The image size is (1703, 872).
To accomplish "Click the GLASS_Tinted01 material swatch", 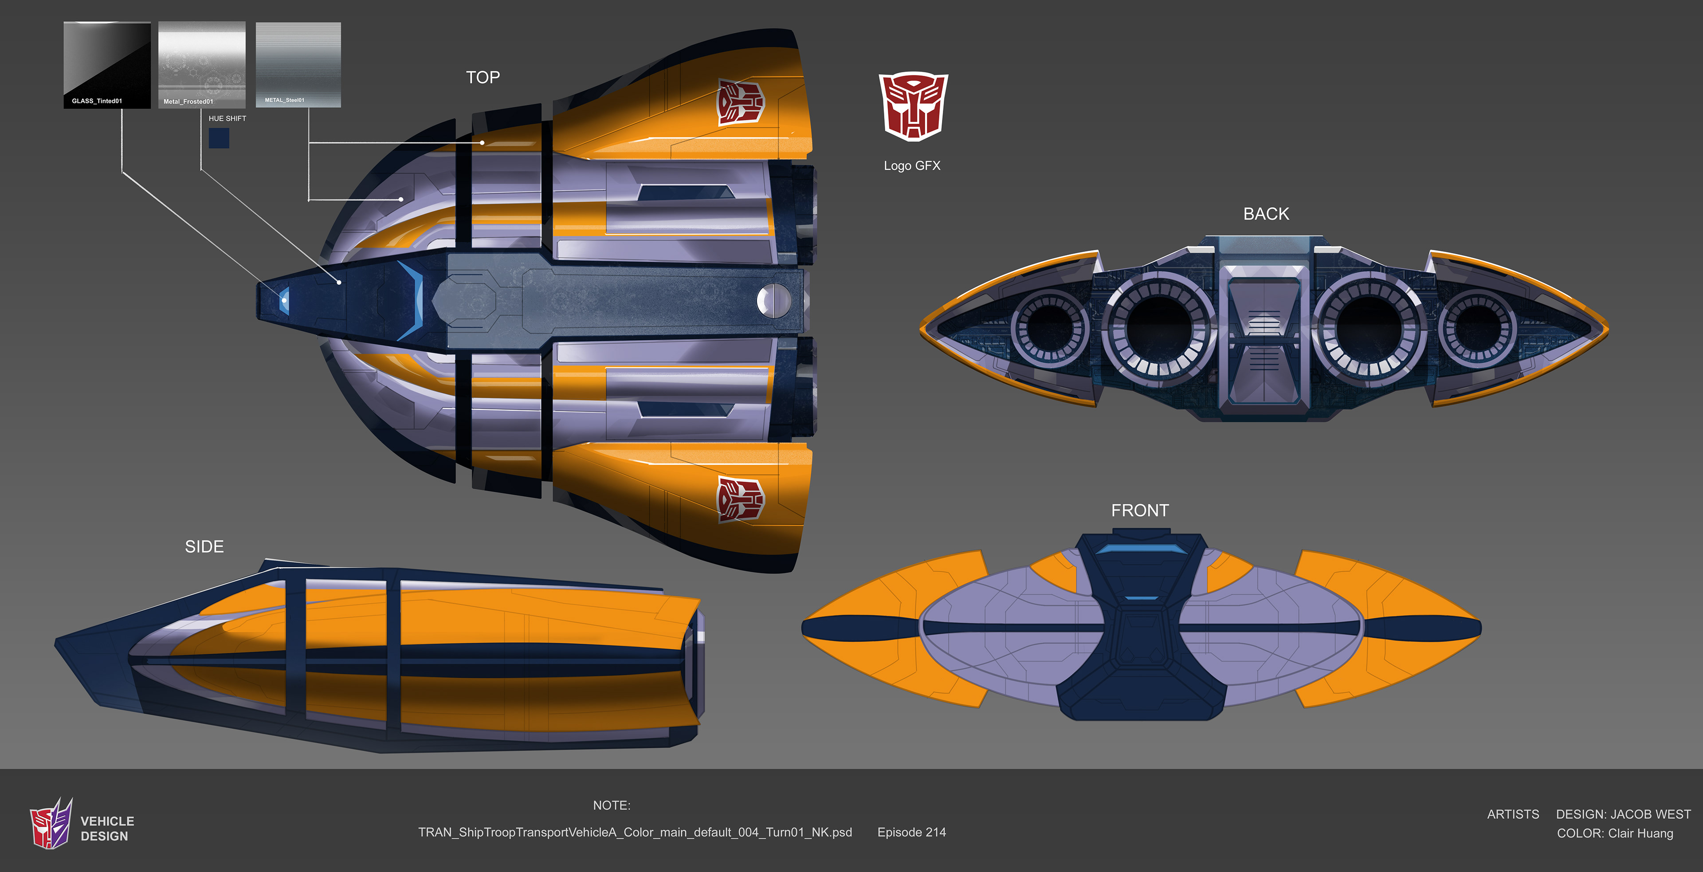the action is coord(106,64).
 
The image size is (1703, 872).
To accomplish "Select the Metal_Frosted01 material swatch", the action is coord(202,64).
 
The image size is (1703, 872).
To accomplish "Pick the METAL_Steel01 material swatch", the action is coord(298,64).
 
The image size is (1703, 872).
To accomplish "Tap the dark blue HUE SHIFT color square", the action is coord(219,138).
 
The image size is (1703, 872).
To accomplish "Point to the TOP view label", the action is coord(483,77).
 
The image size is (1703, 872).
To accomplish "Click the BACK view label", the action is coord(1265,213).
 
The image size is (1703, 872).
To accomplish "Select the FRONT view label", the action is coord(1139,511).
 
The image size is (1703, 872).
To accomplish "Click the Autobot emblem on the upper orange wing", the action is coord(741,102).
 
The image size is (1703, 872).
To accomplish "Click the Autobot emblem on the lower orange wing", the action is coord(741,499).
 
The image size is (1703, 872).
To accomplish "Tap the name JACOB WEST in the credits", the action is coord(1649,814).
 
